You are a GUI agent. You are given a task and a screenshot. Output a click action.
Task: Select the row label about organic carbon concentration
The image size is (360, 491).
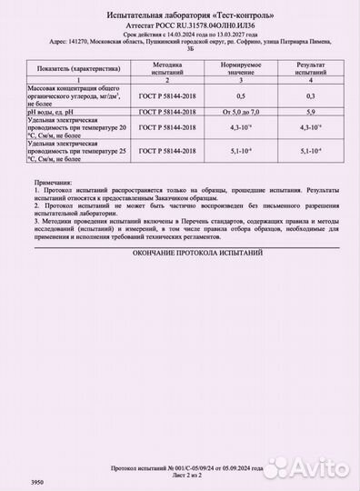coord(69,95)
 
